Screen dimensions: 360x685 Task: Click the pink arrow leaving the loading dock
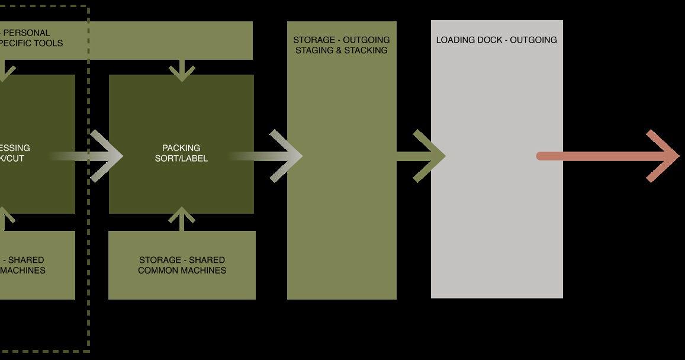coord(610,156)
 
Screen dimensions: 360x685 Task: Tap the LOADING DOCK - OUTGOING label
coord(496,40)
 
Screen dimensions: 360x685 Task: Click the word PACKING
coord(181,148)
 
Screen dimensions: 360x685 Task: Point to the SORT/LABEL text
coord(181,159)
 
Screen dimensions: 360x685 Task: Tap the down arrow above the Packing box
coord(182,69)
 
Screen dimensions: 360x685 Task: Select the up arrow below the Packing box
coord(182,218)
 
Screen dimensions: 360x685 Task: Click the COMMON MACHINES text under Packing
coord(182,271)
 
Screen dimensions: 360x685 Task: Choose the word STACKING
coord(366,50)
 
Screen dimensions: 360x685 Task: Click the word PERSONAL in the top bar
coord(27,33)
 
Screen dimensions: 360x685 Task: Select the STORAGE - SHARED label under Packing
coord(182,260)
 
